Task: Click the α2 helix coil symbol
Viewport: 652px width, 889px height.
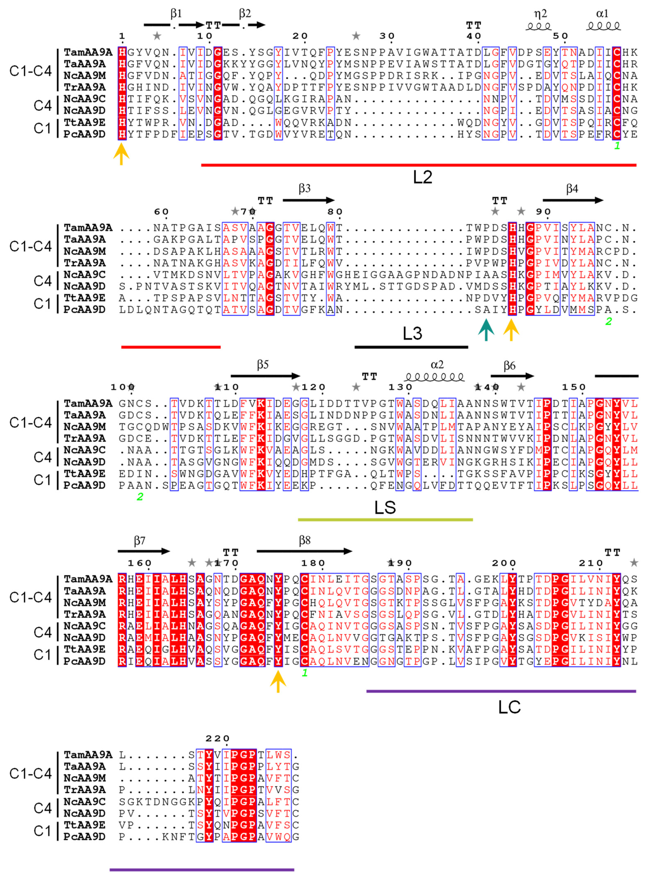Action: (434, 378)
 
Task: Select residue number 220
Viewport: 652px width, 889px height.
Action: (218, 738)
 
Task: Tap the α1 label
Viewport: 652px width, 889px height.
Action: (602, 14)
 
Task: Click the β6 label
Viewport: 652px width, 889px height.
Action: (509, 365)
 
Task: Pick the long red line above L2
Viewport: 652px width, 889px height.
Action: (418, 165)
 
